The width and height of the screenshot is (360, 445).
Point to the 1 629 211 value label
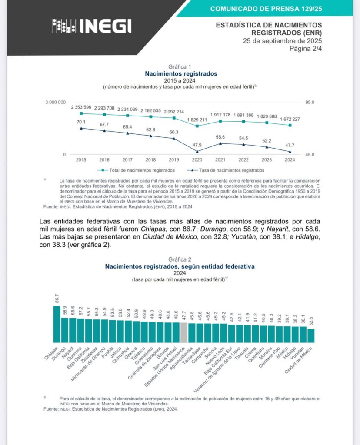point(197,120)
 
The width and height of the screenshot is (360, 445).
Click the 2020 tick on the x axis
point(197,160)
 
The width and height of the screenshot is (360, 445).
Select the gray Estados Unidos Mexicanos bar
point(184,333)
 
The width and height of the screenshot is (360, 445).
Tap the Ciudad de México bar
point(311,335)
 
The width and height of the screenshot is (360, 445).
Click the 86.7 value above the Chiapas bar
point(57,299)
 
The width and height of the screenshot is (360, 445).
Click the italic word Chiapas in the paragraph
point(152,229)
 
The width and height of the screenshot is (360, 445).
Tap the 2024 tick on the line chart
point(290,160)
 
